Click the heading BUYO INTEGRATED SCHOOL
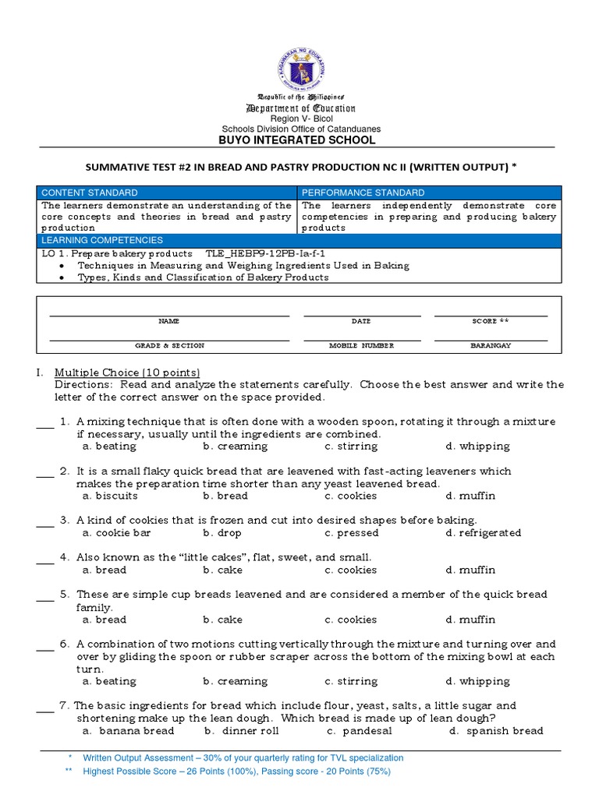point(300,140)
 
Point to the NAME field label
point(169,321)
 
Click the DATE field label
point(361,321)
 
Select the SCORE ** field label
point(491,321)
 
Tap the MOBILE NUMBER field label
point(361,345)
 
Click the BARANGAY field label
point(491,345)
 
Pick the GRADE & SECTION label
point(169,345)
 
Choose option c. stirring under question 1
point(351,447)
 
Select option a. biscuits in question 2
point(110,496)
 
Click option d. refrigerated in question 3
point(484,533)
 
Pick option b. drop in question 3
point(222,533)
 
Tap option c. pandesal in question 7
point(360,731)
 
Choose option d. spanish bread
point(496,731)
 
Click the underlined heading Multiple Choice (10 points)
point(127,373)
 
